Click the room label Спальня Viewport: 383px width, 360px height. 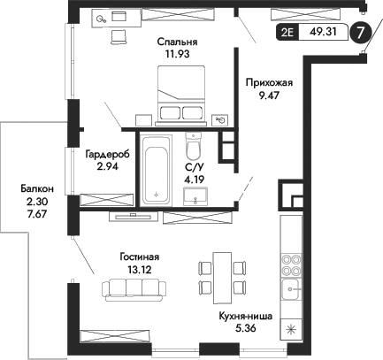coord(177,41)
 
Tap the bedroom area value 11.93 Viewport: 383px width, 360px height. coord(177,54)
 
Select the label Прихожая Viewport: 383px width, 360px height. coord(268,84)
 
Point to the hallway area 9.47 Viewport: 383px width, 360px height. coord(268,97)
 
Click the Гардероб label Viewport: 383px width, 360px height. coord(107,153)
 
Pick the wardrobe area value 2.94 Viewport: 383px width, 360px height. coord(107,165)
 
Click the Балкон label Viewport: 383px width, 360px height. coord(38,189)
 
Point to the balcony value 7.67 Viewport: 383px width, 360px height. coord(38,215)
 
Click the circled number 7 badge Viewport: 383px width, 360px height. coord(360,34)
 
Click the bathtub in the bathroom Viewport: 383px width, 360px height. coord(157,170)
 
